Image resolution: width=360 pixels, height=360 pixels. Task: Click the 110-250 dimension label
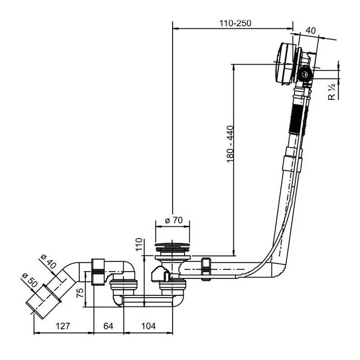[x=235, y=23]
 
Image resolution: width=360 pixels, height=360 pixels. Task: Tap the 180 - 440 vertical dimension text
[x=230, y=144]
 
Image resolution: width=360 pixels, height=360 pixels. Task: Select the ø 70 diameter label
[x=174, y=220]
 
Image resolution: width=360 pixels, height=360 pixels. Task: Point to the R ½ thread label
[x=332, y=92]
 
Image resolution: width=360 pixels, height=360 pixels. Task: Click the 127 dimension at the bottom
[x=63, y=326]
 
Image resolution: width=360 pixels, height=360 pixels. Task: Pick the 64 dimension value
[x=109, y=326]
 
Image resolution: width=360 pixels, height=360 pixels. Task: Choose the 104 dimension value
[x=148, y=326]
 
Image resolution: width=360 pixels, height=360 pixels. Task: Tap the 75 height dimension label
[x=80, y=293]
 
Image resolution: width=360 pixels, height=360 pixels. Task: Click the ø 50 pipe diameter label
[x=29, y=281]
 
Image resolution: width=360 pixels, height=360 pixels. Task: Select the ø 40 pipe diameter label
[x=48, y=262]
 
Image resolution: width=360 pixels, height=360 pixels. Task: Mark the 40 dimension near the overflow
[x=311, y=30]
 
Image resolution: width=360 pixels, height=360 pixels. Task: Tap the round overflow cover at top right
[x=286, y=63]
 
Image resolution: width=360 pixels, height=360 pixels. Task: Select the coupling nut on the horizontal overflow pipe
[x=206, y=269]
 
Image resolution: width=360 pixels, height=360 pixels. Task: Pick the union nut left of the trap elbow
[x=98, y=272]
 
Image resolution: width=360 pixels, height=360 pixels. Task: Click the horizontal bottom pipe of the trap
[x=147, y=301]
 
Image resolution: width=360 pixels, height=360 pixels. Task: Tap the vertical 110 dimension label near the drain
[x=139, y=245]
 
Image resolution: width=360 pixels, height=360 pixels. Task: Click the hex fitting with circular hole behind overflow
[x=305, y=74]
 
